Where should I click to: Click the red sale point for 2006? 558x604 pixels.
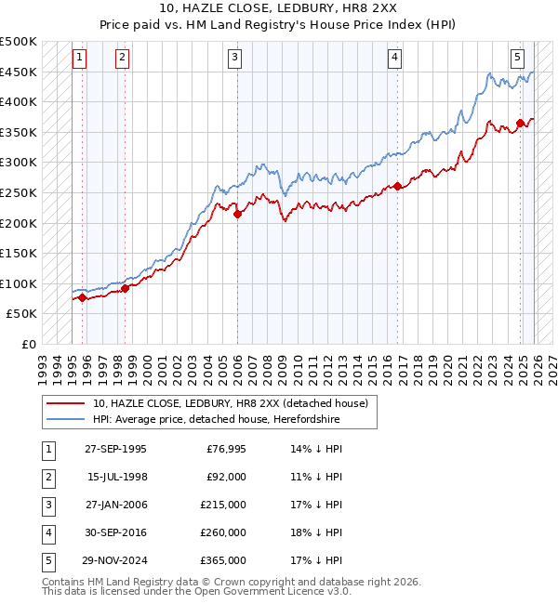237,214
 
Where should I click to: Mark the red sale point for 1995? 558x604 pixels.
83,297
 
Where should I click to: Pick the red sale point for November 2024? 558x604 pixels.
520,123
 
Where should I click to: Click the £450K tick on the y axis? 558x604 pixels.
20,72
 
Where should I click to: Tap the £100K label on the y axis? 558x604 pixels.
20,283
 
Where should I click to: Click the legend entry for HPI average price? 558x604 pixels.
216,420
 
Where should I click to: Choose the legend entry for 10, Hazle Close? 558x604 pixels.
231,403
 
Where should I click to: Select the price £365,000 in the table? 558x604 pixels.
223,560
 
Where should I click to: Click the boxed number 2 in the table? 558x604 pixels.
45,477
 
